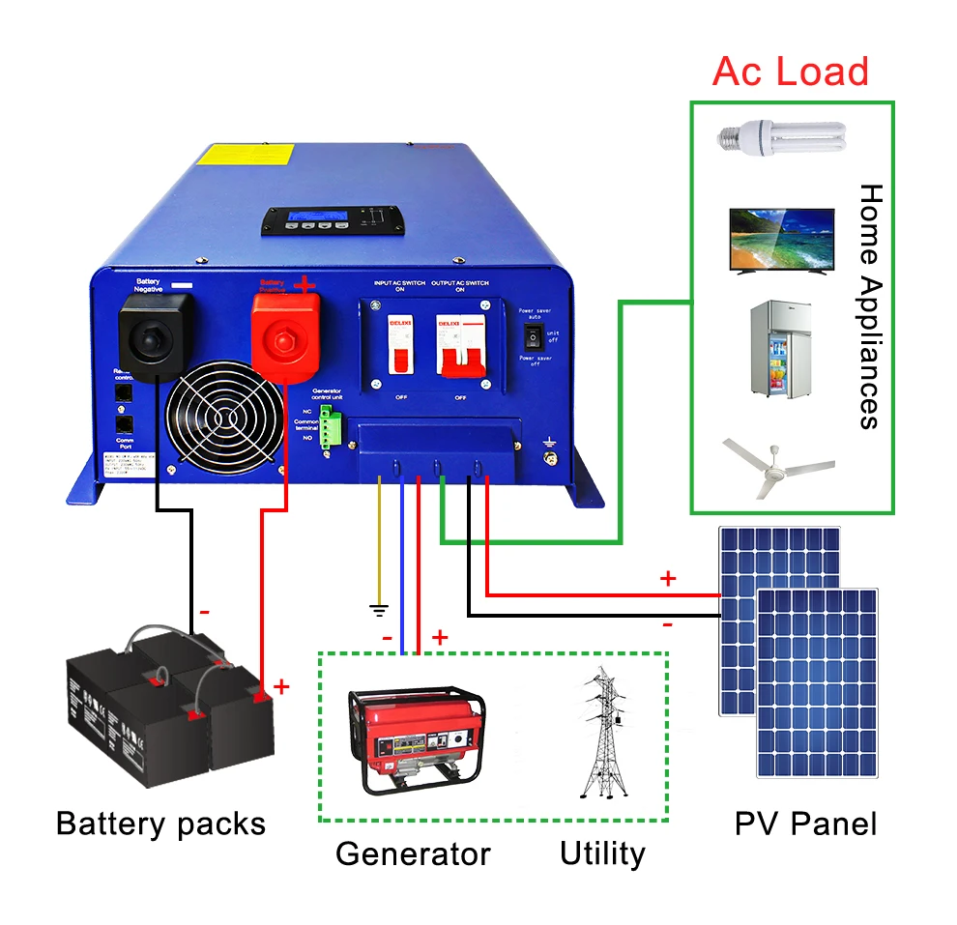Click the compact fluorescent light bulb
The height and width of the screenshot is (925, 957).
pos(779,136)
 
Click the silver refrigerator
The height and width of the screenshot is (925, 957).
pos(781,349)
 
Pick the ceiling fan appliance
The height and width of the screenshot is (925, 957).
pos(779,467)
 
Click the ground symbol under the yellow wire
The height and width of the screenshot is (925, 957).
pos(380,610)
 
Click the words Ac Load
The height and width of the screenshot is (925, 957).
pos(790,72)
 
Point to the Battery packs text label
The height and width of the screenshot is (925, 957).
pos(160,824)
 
